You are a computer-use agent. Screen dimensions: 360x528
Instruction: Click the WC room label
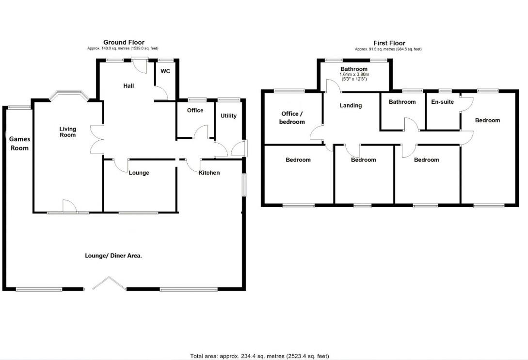[x=165, y=71]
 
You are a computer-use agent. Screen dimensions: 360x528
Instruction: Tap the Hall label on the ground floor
[x=128, y=86]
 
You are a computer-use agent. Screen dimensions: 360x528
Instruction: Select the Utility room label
[x=228, y=116]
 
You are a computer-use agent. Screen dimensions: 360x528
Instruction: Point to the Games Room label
[x=19, y=144]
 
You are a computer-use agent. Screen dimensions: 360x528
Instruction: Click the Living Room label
[x=68, y=131]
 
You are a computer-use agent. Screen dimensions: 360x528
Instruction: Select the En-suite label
[x=442, y=102]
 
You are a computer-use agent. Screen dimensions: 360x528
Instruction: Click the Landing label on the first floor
[x=351, y=105]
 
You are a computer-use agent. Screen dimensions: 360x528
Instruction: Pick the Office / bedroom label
[x=293, y=118]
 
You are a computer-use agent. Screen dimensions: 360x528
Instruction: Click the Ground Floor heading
[x=124, y=43]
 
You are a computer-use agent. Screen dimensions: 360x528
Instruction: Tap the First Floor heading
[x=389, y=43]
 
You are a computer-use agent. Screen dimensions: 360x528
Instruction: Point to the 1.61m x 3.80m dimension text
[x=354, y=74]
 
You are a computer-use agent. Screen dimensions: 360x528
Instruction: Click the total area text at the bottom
[x=262, y=356]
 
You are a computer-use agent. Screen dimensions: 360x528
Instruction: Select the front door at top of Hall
[x=141, y=64]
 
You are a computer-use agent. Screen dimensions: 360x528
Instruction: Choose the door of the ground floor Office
[x=201, y=132]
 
